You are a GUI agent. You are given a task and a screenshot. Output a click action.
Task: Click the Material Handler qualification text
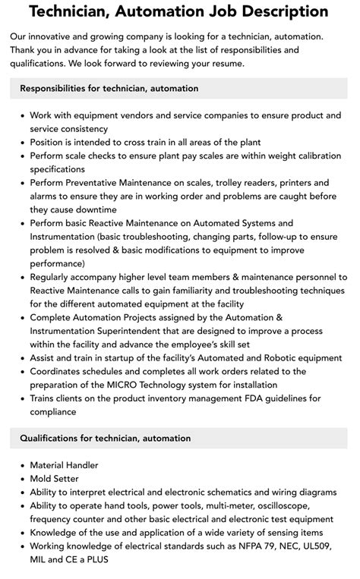point(64,464)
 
